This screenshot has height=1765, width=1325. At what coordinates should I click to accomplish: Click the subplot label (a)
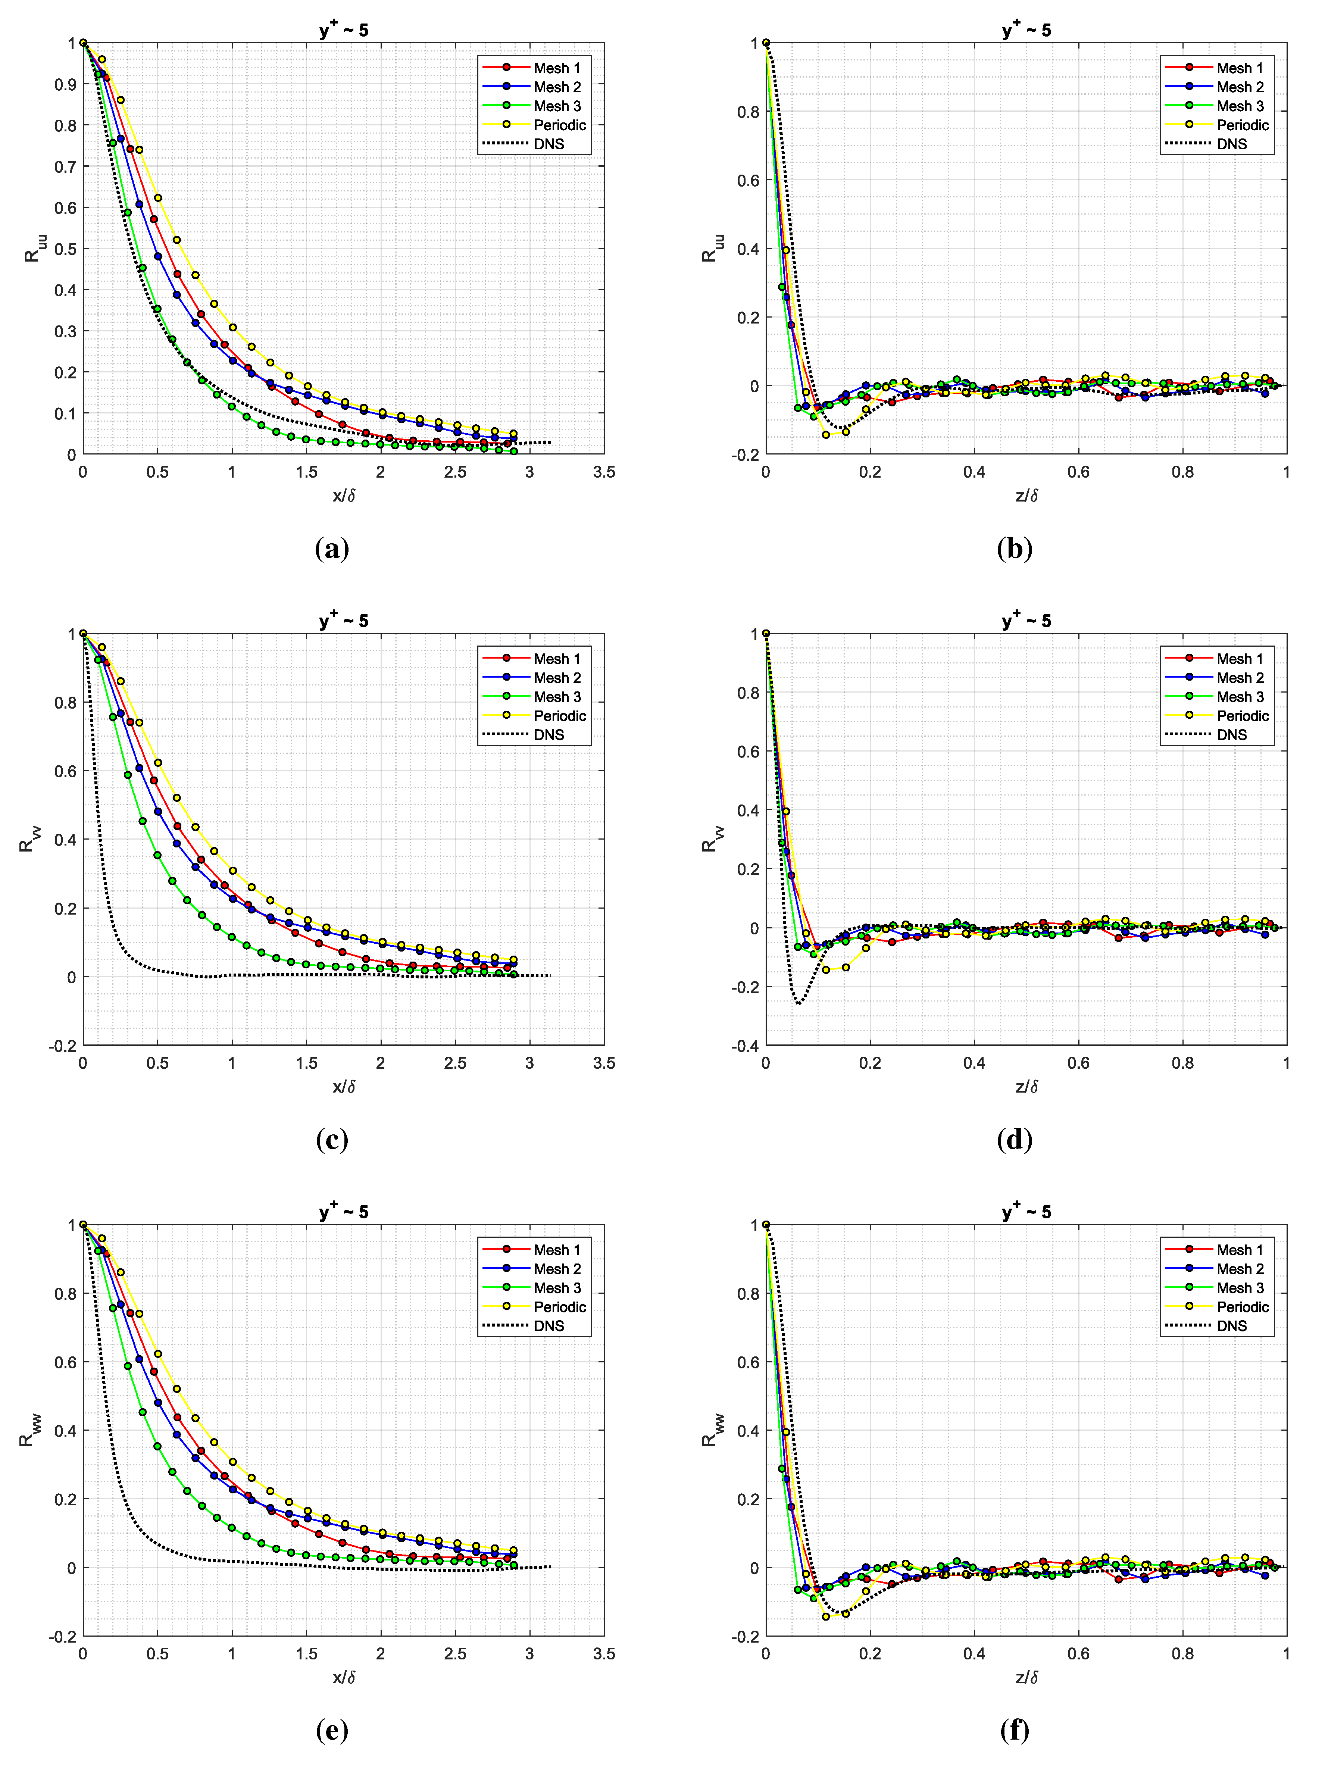pyautogui.click(x=332, y=549)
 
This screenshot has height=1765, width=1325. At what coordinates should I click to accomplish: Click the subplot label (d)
pyautogui.click(x=1015, y=1140)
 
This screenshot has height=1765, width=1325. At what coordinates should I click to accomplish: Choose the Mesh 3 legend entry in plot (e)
pyautogui.click(x=557, y=1288)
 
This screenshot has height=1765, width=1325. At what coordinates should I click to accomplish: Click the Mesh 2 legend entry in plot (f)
pyautogui.click(x=1240, y=1269)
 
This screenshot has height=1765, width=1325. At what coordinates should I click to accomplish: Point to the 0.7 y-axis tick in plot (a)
pyautogui.click(x=65, y=167)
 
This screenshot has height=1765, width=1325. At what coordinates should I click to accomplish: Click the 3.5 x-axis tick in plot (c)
pyautogui.click(x=604, y=1063)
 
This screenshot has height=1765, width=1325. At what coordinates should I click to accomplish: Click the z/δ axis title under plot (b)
pyautogui.click(x=1026, y=496)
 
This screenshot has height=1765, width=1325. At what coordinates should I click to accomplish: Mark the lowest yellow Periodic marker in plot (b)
pyautogui.click(x=826, y=435)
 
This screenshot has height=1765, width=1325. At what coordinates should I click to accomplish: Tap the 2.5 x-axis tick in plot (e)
pyautogui.click(x=455, y=1653)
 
